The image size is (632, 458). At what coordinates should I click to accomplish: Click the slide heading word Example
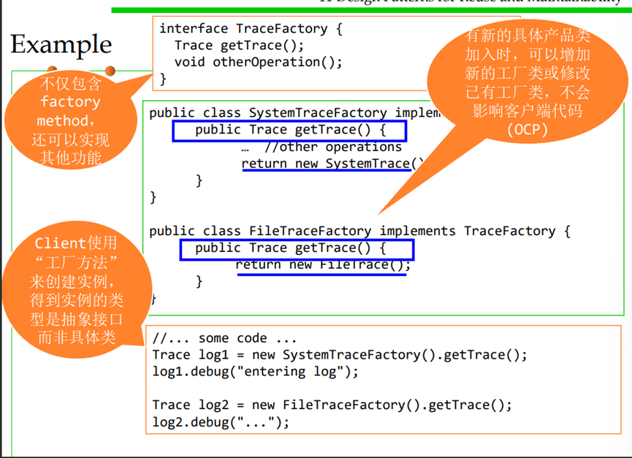click(61, 45)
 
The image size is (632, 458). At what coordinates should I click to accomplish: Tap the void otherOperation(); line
click(258, 61)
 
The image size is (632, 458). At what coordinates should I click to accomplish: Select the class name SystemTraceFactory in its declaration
click(318, 113)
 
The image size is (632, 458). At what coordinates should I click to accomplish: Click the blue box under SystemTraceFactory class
click(289, 131)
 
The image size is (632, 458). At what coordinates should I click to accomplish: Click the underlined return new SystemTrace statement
click(332, 164)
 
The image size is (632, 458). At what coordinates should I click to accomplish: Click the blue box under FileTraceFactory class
click(297, 249)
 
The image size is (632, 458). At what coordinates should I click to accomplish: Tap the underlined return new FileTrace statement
click(322, 264)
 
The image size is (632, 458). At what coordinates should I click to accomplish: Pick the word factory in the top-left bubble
click(71, 102)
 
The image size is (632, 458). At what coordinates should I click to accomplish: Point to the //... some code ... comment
click(224, 338)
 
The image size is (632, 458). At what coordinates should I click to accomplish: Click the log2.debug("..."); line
click(221, 421)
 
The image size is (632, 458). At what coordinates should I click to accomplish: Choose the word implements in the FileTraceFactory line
click(417, 231)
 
